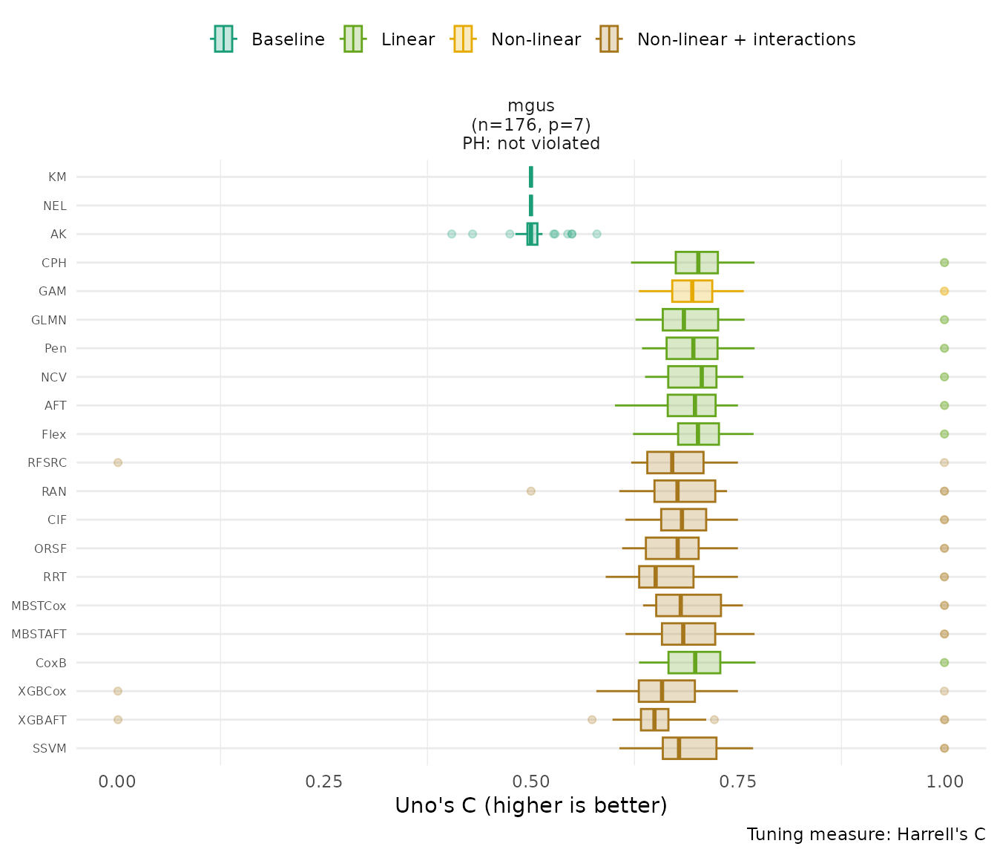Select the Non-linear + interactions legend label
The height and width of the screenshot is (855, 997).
[x=746, y=39]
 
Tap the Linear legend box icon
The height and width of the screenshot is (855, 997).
[x=352, y=39]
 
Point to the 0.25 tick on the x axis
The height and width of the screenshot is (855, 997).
[x=324, y=782]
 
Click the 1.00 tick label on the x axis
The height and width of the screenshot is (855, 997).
[x=944, y=782]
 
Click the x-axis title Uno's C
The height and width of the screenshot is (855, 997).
[x=530, y=806]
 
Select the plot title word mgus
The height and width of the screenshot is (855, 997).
[x=531, y=106]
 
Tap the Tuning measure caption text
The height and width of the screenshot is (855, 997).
[x=866, y=834]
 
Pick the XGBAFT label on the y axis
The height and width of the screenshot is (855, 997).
[x=42, y=720]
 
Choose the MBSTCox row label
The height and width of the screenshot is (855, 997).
[x=39, y=606]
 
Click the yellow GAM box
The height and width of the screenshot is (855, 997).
[x=692, y=291]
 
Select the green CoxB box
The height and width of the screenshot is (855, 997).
[x=694, y=662]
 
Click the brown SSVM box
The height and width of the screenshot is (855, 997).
[x=689, y=748]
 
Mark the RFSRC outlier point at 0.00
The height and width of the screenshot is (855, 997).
[x=117, y=462]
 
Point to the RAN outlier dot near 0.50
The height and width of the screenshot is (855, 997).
[x=530, y=491]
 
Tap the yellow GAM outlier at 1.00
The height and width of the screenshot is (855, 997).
[x=944, y=291]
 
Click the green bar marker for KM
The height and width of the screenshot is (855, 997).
[x=530, y=177]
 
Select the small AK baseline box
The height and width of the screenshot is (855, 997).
[x=532, y=234]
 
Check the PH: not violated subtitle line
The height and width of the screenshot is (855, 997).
[x=531, y=144]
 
